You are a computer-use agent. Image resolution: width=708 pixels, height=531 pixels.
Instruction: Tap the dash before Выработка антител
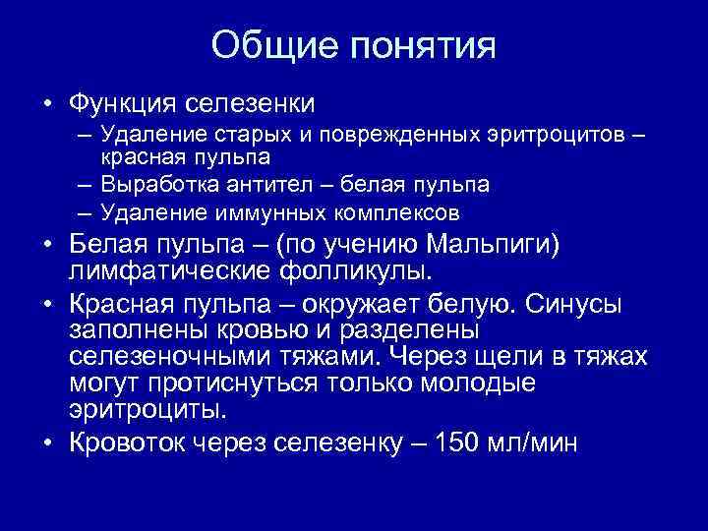82,185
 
